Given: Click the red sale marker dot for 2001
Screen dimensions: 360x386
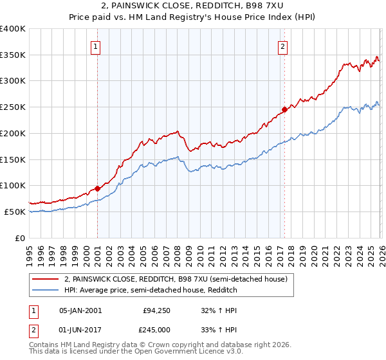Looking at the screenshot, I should click(x=97, y=188).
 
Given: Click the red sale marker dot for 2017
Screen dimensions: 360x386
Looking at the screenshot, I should click(x=284, y=109).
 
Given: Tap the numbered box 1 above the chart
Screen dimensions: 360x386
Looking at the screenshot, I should click(x=96, y=46).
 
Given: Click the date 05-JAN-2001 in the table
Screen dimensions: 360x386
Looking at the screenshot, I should click(x=80, y=310).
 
